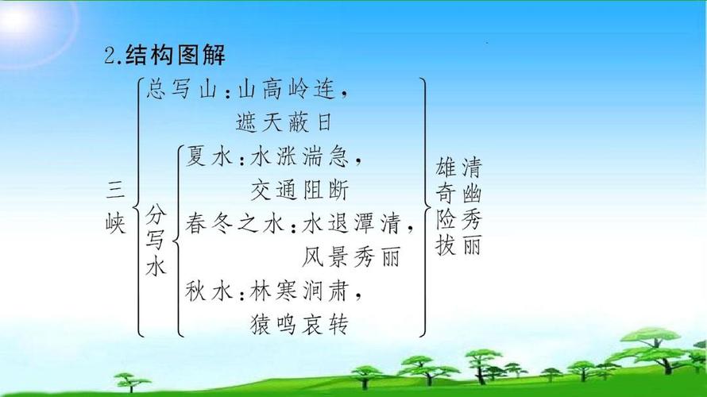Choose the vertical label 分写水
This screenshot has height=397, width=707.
coord(156,241)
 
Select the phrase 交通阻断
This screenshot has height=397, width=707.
coord(299,191)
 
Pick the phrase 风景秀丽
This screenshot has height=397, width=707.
coord(350,258)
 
